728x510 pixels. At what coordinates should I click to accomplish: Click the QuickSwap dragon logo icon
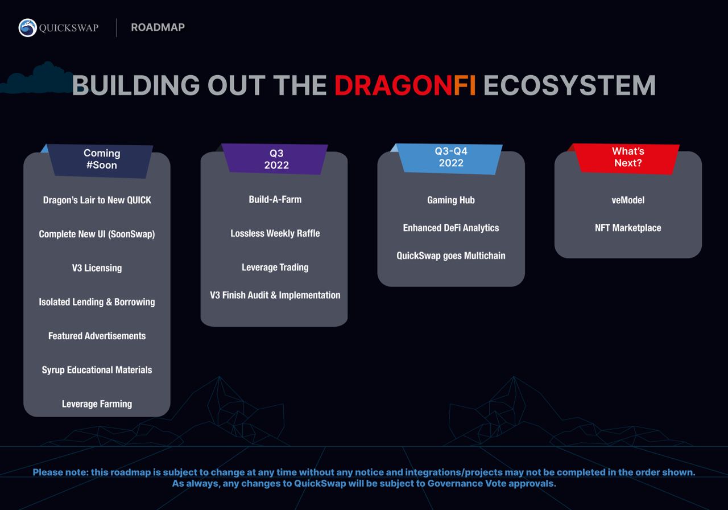pyautogui.click(x=28, y=28)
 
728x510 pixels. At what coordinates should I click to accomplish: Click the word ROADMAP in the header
pyautogui.click(x=158, y=27)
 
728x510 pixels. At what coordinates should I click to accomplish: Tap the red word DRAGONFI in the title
pyautogui.click(x=405, y=85)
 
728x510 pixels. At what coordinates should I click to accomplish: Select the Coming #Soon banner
pyautogui.click(x=101, y=161)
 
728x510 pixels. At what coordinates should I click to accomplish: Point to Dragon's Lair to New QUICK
pyautogui.click(x=97, y=200)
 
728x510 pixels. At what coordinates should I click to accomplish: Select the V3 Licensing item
pyautogui.click(x=97, y=268)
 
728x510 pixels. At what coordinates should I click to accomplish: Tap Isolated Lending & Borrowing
pyautogui.click(x=97, y=302)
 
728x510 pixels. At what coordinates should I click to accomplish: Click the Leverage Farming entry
pyautogui.click(x=97, y=404)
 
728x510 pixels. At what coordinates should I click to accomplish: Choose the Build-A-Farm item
pyautogui.click(x=275, y=199)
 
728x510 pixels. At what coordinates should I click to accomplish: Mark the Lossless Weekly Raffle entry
pyautogui.click(x=275, y=233)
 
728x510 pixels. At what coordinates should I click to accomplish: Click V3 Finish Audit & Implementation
pyautogui.click(x=275, y=295)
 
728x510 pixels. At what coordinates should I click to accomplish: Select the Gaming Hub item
pyautogui.click(x=451, y=200)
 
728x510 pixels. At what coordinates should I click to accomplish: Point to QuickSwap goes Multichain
pyautogui.click(x=451, y=256)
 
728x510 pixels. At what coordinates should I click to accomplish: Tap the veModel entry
pyautogui.click(x=628, y=200)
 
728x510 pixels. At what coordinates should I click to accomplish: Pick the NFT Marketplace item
pyautogui.click(x=628, y=228)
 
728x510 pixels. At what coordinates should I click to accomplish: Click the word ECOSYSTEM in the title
pyautogui.click(x=569, y=85)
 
